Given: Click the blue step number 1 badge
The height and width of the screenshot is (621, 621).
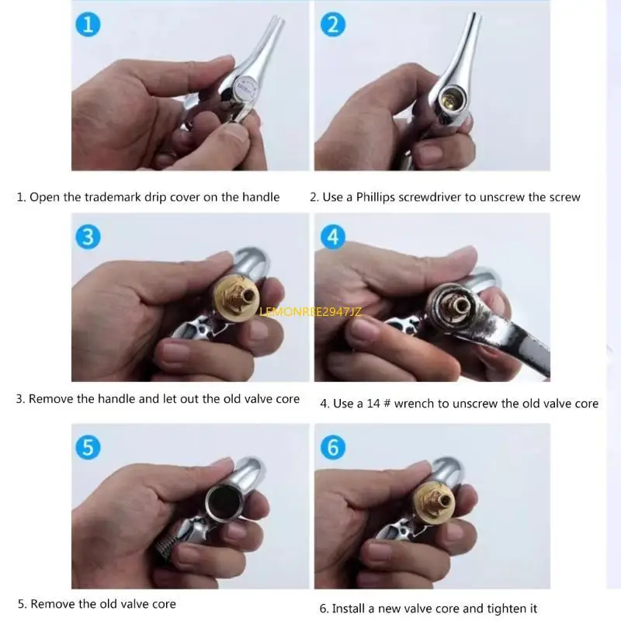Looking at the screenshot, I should (x=88, y=25).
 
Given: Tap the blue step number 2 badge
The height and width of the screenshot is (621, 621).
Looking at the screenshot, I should (x=332, y=25).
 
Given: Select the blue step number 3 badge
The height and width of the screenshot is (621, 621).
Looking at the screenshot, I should (x=88, y=236).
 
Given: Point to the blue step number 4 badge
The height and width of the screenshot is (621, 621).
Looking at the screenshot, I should (x=333, y=236).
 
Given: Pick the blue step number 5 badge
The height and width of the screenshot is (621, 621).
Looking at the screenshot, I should (x=88, y=447).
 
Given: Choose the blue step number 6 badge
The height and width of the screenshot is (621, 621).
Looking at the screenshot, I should (x=333, y=447).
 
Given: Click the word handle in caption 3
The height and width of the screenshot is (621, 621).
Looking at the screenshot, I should (x=121, y=399).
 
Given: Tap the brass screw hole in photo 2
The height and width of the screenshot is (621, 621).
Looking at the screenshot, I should (x=451, y=100).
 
